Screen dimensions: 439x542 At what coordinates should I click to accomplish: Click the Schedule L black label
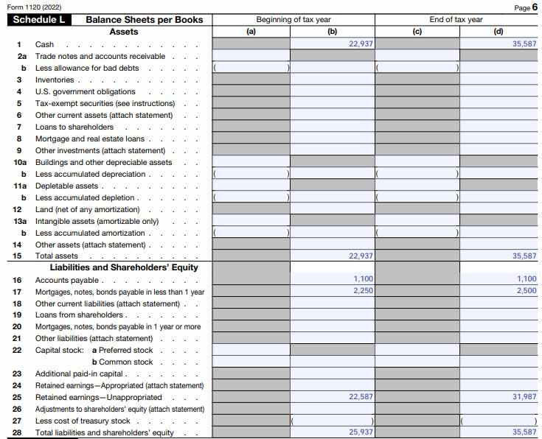[41, 20]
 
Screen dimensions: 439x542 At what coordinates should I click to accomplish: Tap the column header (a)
[251, 32]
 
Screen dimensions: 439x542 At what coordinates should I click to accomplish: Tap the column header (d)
[498, 32]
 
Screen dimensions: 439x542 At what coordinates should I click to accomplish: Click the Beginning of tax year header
[293, 20]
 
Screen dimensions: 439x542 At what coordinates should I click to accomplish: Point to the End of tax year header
[456, 20]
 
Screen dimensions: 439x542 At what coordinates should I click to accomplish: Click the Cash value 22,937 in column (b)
[361, 44]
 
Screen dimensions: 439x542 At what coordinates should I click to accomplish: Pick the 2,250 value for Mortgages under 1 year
[364, 291]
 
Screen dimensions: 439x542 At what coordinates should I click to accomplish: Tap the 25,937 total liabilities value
[361, 432]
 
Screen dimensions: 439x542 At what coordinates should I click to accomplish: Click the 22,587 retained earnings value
[361, 397]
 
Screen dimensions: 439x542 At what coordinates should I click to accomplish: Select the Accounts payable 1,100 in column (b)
[364, 279]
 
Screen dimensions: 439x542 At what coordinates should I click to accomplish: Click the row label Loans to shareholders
[74, 127]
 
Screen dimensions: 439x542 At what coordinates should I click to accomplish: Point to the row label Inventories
[55, 80]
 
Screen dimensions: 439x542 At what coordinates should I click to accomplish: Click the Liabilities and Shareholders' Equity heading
[124, 267]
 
